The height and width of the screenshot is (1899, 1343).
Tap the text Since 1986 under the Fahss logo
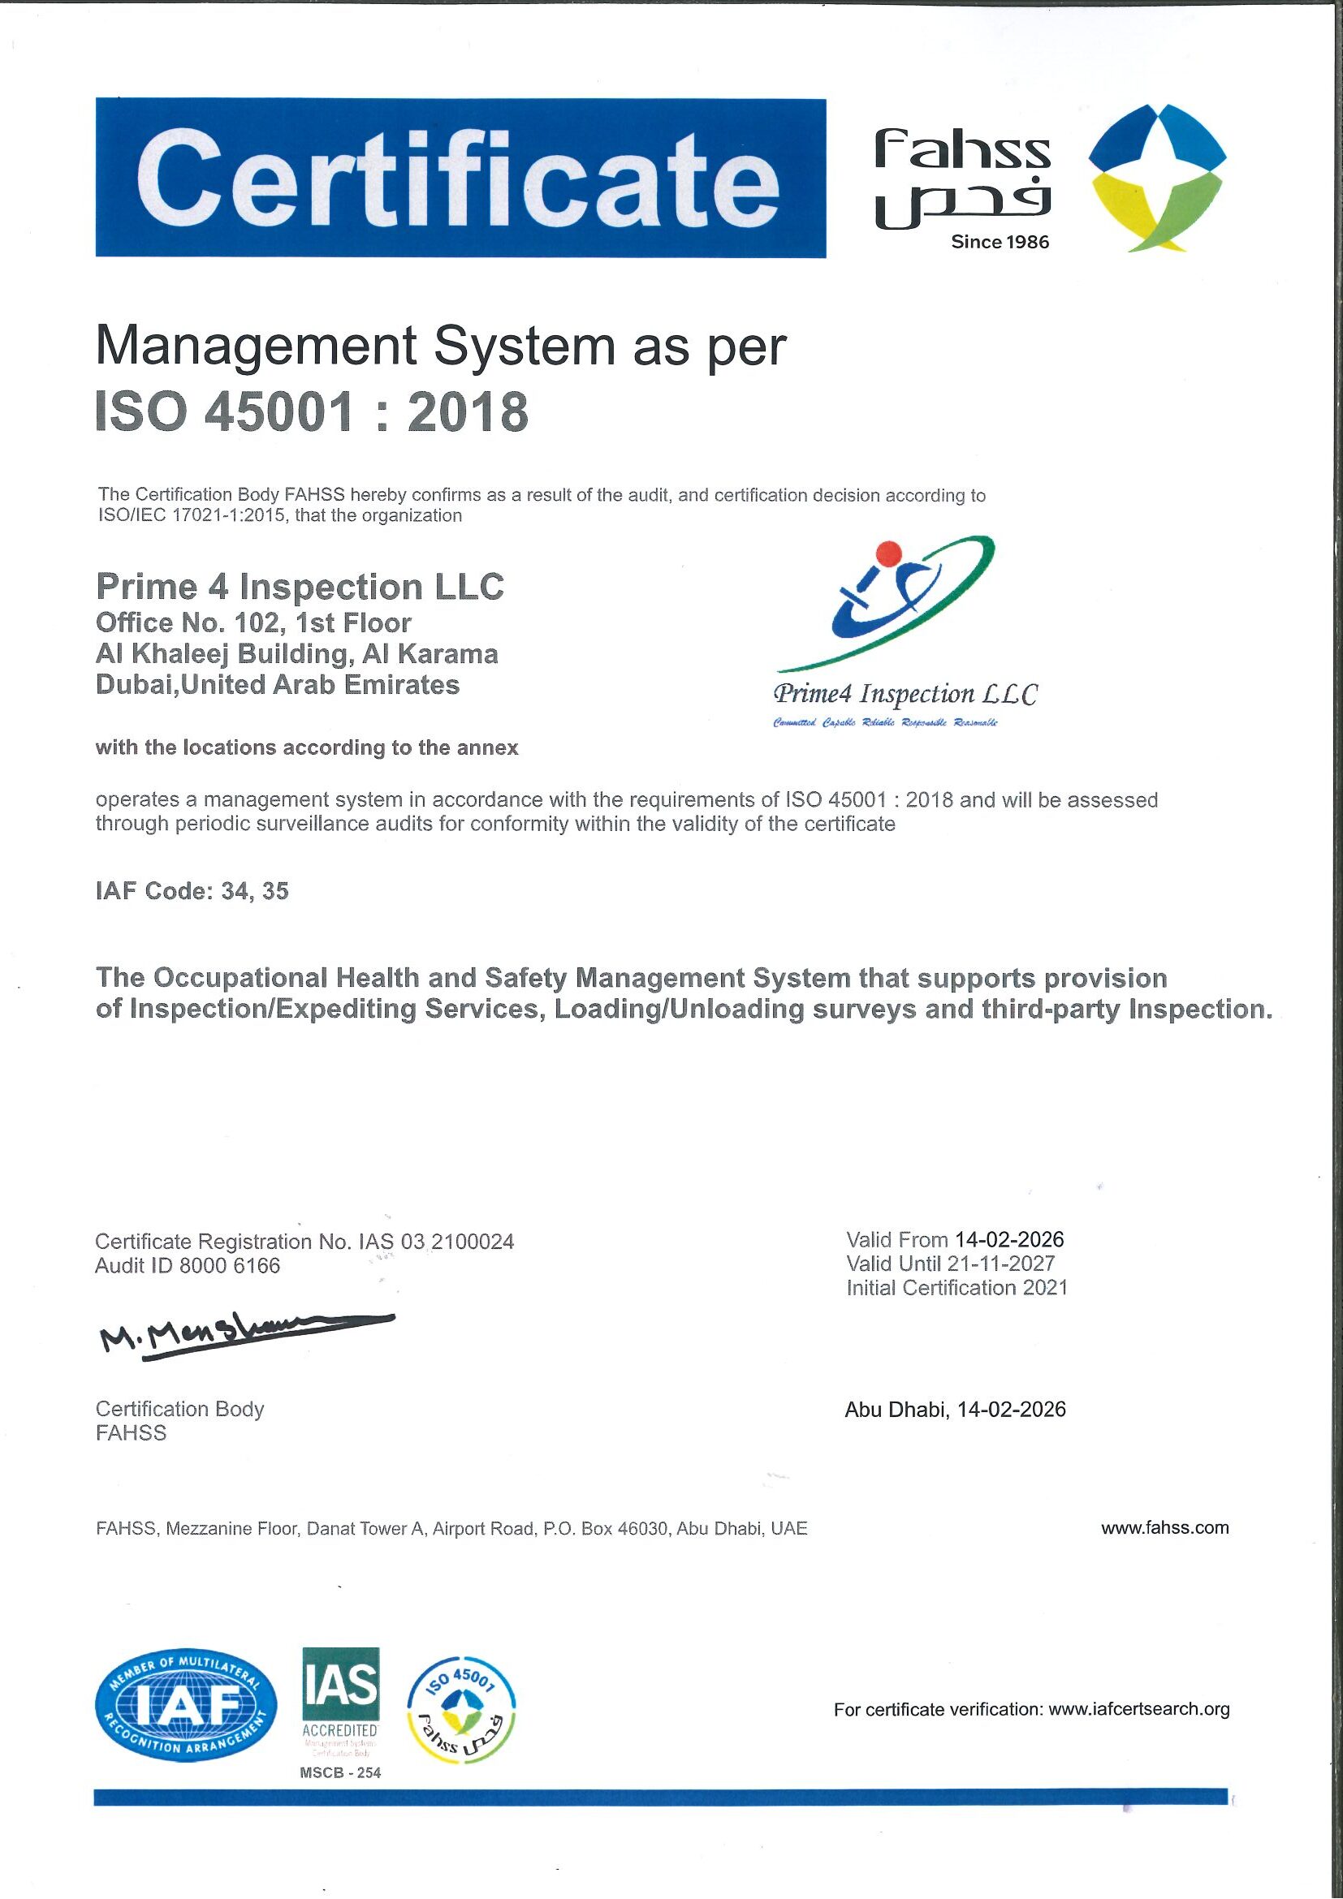(1000, 243)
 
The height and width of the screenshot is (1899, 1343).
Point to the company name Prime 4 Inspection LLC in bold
(300, 588)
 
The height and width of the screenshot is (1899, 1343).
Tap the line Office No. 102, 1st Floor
(253, 622)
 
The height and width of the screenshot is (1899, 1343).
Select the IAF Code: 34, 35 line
(192, 891)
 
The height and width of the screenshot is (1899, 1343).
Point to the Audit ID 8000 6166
(188, 1265)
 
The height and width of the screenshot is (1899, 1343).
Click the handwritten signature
(245, 1332)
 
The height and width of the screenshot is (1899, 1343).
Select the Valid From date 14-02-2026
(1008, 1240)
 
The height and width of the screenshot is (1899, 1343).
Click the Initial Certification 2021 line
(957, 1288)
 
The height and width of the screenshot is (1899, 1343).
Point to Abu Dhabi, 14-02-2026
(955, 1410)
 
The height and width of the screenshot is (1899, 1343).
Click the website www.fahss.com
(1164, 1527)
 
